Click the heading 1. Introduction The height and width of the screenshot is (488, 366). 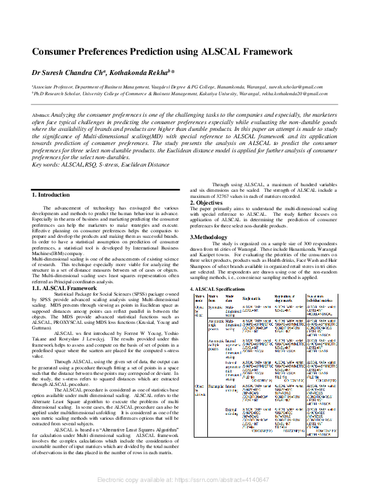(x=50, y=195)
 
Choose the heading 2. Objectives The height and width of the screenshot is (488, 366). (x=205, y=203)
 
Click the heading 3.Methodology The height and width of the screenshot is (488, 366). (x=210, y=237)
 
